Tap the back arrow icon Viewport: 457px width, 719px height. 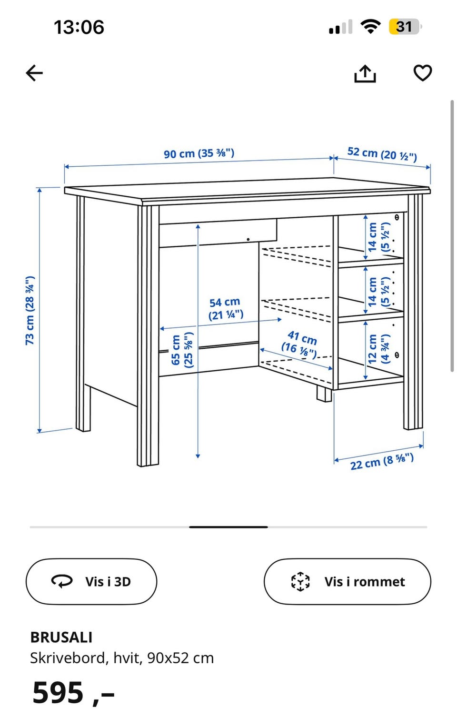[x=34, y=73]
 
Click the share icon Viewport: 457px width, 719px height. [x=365, y=74]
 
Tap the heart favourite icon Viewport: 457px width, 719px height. [x=422, y=73]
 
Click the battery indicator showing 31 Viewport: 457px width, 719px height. [x=405, y=27]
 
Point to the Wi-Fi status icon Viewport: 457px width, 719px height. [x=370, y=26]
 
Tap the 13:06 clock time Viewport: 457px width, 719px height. [x=79, y=27]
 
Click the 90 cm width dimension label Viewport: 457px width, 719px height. [x=199, y=153]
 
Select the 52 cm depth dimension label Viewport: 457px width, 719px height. [x=382, y=154]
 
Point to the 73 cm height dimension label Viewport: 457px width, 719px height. [x=30, y=310]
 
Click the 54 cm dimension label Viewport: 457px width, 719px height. [x=226, y=308]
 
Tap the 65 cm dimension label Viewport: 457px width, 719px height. [x=182, y=349]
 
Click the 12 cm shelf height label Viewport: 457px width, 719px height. [x=379, y=349]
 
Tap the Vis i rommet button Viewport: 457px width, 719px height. [x=347, y=582]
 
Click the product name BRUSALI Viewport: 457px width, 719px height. [x=61, y=637]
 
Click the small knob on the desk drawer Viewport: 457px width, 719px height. [x=248, y=239]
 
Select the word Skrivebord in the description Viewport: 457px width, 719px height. [x=69, y=658]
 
